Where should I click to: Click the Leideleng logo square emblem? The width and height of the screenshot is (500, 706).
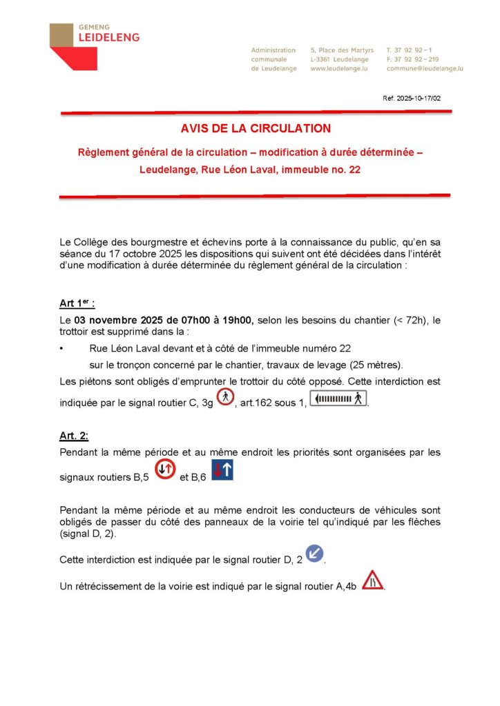coord(61,36)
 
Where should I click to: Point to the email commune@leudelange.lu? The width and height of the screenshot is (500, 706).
coord(425,69)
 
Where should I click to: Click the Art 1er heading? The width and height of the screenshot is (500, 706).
coord(77,304)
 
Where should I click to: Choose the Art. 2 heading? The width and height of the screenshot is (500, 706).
coord(75,436)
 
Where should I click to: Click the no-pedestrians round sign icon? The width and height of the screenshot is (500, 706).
coord(224,398)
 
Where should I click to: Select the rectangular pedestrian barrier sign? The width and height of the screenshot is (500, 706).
coord(338,399)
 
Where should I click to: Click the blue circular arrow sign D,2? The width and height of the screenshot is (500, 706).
coord(314,553)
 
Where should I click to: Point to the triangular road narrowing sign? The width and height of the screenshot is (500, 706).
coord(372,581)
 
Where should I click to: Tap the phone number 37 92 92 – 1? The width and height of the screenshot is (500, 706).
coord(414,50)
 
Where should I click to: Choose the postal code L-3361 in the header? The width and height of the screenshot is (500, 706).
coord(322,59)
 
